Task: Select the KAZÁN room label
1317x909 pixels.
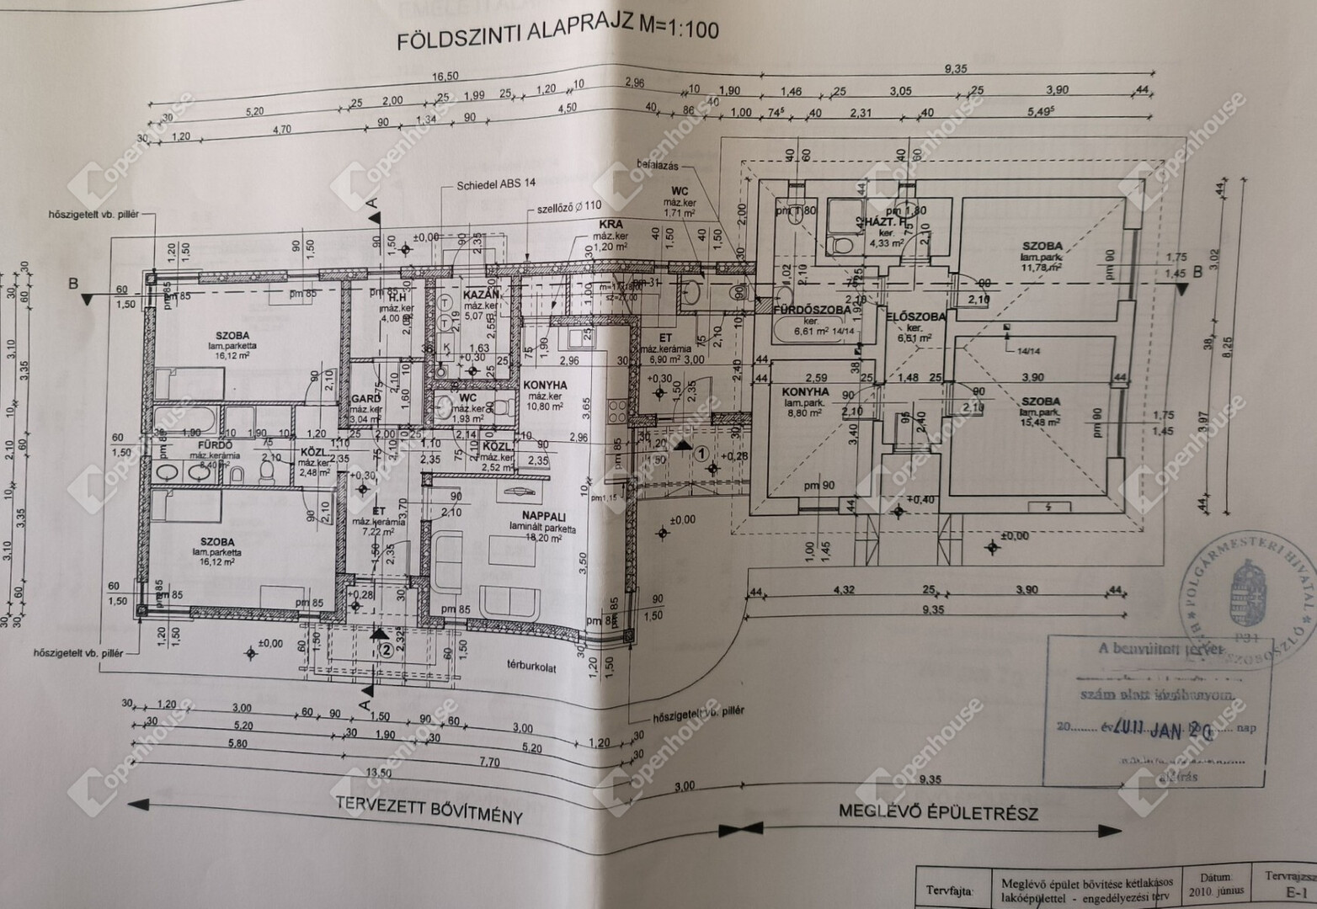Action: pyautogui.click(x=482, y=295)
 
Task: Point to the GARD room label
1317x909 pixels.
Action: pyautogui.click(x=365, y=399)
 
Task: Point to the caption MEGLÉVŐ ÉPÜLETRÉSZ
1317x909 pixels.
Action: pyautogui.click(x=937, y=812)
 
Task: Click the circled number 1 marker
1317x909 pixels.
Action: pyautogui.click(x=701, y=452)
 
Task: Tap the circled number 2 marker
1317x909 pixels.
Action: pyautogui.click(x=384, y=649)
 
